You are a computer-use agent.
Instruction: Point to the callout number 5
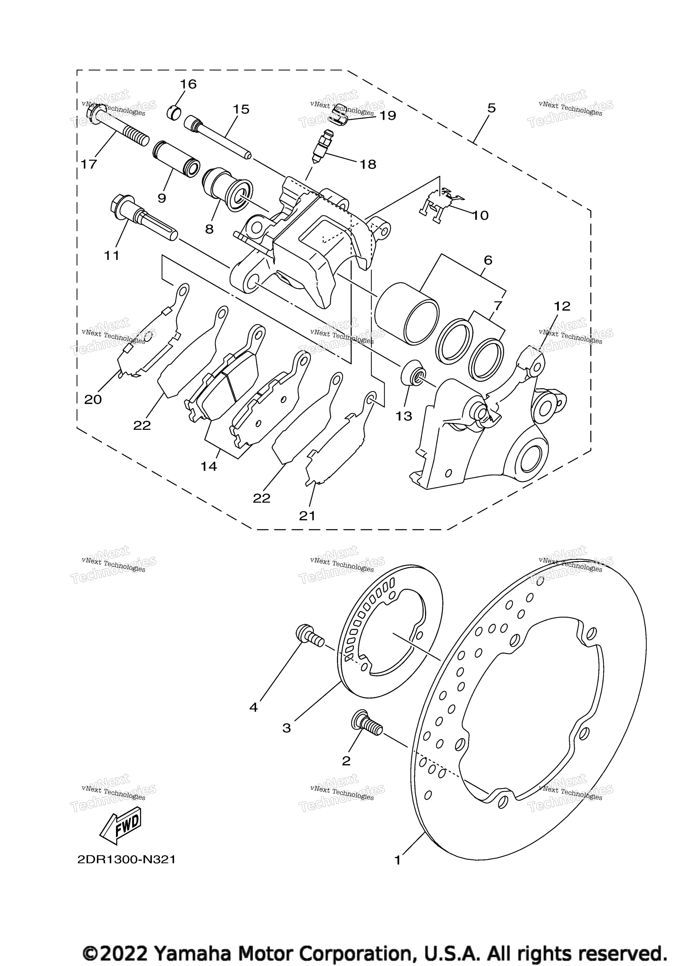492,108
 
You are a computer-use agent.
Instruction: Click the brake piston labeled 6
406,312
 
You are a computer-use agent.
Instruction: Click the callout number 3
287,728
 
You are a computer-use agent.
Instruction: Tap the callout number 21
307,516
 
